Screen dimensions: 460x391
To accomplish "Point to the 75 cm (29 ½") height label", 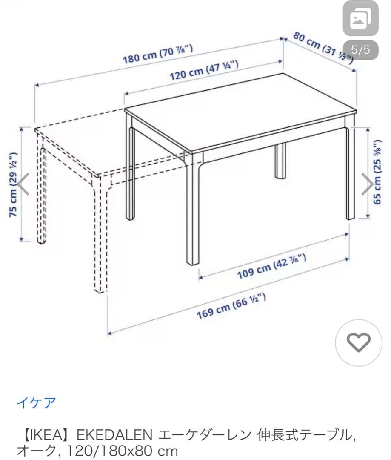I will point(14,184).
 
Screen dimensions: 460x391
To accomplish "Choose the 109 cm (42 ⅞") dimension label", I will point(272,267).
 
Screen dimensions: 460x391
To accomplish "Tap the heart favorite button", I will point(359,342).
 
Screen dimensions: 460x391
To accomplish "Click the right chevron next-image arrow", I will point(367,184).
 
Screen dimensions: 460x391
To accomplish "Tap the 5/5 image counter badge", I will point(360,50).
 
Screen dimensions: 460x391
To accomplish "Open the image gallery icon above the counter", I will point(360,18).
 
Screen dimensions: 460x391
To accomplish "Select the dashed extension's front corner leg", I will point(99,239).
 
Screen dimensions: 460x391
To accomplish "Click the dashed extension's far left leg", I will point(41,196).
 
